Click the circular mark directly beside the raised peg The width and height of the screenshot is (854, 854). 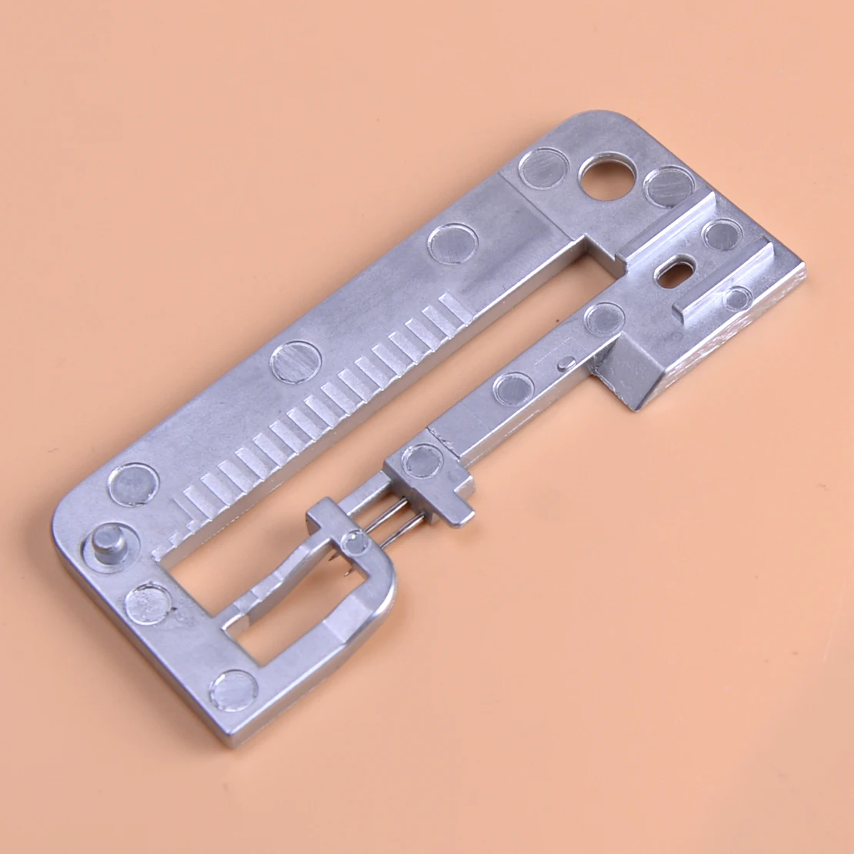[x=133, y=484]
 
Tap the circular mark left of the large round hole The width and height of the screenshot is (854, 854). [x=543, y=167]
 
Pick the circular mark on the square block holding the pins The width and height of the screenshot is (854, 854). [x=422, y=460]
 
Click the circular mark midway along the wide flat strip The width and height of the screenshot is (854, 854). [x=296, y=362]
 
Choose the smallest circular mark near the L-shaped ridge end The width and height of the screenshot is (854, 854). [x=736, y=298]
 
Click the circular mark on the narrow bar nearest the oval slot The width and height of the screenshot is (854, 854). [x=604, y=318]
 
